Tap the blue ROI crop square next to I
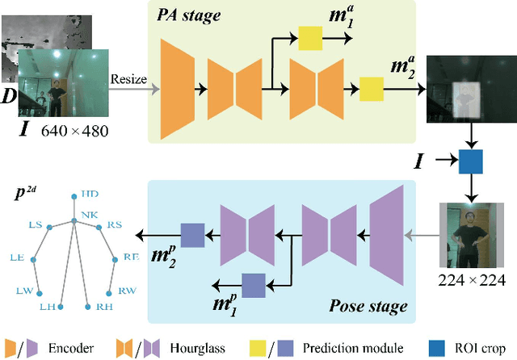(x=470, y=161)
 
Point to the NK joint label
(x=88, y=216)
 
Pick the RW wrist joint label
(x=128, y=291)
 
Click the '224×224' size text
(x=470, y=280)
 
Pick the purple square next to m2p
(x=192, y=235)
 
